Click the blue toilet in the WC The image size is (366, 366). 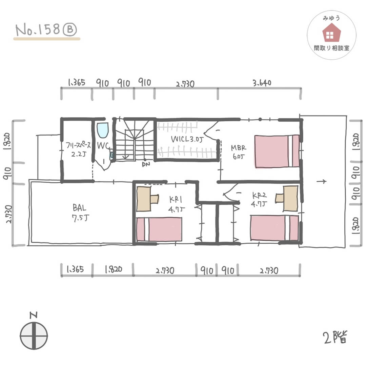click(103, 130)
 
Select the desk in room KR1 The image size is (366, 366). click(147, 199)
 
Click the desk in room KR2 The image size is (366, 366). click(287, 198)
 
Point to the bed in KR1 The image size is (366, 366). click(159, 229)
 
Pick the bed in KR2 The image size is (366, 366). click(274, 228)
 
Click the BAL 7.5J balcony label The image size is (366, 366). click(80, 212)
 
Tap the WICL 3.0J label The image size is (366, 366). click(187, 139)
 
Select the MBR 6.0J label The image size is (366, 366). click(238, 152)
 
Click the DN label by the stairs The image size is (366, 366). click(146, 165)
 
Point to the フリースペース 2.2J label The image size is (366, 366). click(78, 149)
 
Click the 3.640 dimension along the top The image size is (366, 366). click(262, 83)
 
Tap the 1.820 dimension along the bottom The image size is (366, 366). click(114, 269)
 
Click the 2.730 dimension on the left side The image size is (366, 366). click(8, 214)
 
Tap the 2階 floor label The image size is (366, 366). click(335, 337)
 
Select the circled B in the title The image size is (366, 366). click(70, 29)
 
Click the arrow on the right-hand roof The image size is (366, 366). click(321, 181)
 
